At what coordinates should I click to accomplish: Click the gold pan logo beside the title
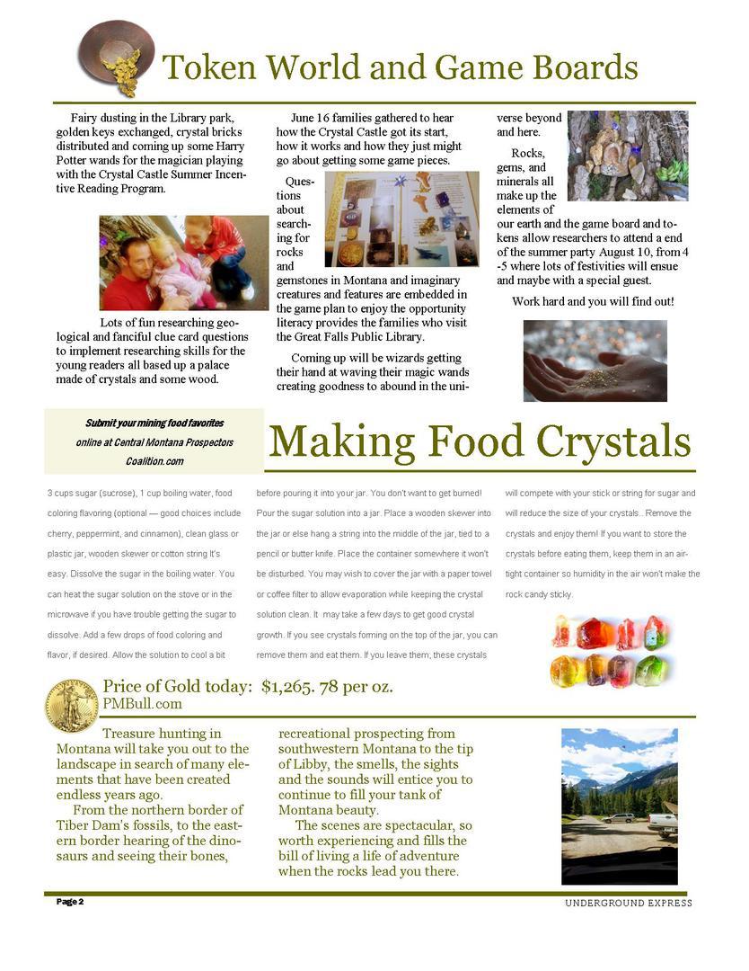pyautogui.click(x=116, y=58)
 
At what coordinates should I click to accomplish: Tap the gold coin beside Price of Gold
pyautogui.click(x=72, y=705)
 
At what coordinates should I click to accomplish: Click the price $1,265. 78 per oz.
pyautogui.click(x=327, y=688)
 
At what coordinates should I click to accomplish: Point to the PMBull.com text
pyautogui.click(x=142, y=704)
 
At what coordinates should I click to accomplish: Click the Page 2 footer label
pyautogui.click(x=70, y=901)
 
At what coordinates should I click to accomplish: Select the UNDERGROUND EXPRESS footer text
pyautogui.click(x=628, y=903)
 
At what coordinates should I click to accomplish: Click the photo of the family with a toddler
pyautogui.click(x=183, y=263)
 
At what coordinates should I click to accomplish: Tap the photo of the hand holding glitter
pyautogui.click(x=595, y=361)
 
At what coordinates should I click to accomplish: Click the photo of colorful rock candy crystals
pyautogui.click(x=611, y=652)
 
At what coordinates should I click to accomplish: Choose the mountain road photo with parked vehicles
pyautogui.click(x=619, y=806)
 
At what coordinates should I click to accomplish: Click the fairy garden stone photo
pyautogui.click(x=627, y=155)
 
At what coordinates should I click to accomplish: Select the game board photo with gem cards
pyautogui.click(x=401, y=219)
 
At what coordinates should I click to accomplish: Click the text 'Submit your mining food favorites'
pyautogui.click(x=154, y=423)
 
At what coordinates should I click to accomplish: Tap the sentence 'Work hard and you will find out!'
pyautogui.click(x=593, y=301)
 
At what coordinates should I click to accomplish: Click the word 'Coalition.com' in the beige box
pyautogui.click(x=154, y=461)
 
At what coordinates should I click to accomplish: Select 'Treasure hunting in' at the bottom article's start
pyautogui.click(x=162, y=734)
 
